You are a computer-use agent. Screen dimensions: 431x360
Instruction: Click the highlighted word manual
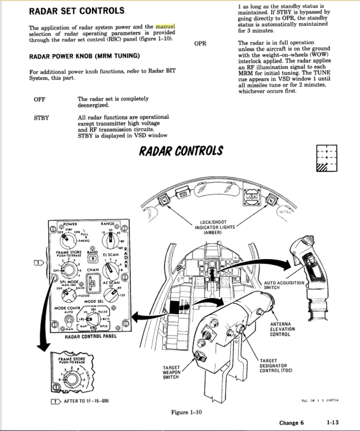click(x=165, y=26)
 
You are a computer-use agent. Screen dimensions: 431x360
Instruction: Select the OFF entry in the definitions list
click(x=40, y=99)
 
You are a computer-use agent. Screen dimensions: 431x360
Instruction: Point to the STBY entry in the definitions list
click(x=41, y=117)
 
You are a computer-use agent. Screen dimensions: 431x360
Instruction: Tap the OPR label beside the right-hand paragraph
click(x=201, y=43)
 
